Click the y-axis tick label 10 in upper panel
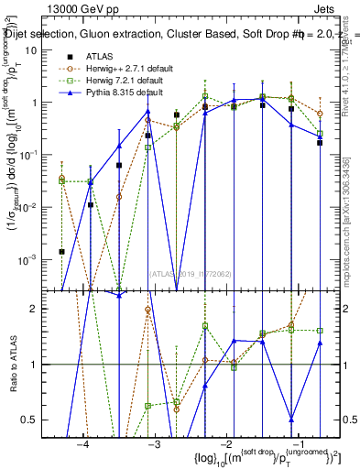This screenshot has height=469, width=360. (x=36, y=50)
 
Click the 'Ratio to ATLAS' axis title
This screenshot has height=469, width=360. (x=12, y=365)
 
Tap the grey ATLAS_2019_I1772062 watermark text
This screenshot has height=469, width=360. (x=190, y=272)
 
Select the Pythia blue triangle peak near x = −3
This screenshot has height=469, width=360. (x=147, y=112)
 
